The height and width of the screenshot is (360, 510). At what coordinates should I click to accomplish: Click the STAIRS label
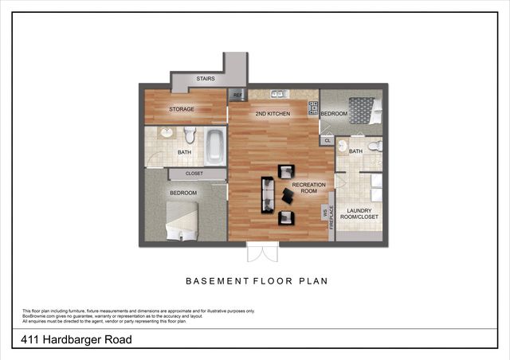(x=205, y=79)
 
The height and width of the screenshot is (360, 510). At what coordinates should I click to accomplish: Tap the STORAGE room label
(x=182, y=109)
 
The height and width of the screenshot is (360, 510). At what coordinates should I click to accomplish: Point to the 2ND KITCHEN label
(x=273, y=114)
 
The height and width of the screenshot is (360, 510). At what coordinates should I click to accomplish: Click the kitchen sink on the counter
(x=275, y=93)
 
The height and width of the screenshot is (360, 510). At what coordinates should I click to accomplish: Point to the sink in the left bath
(x=167, y=133)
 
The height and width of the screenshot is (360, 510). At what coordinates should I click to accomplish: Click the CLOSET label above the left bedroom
(x=194, y=173)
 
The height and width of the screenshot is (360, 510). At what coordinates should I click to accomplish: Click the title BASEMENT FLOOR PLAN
(x=257, y=280)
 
